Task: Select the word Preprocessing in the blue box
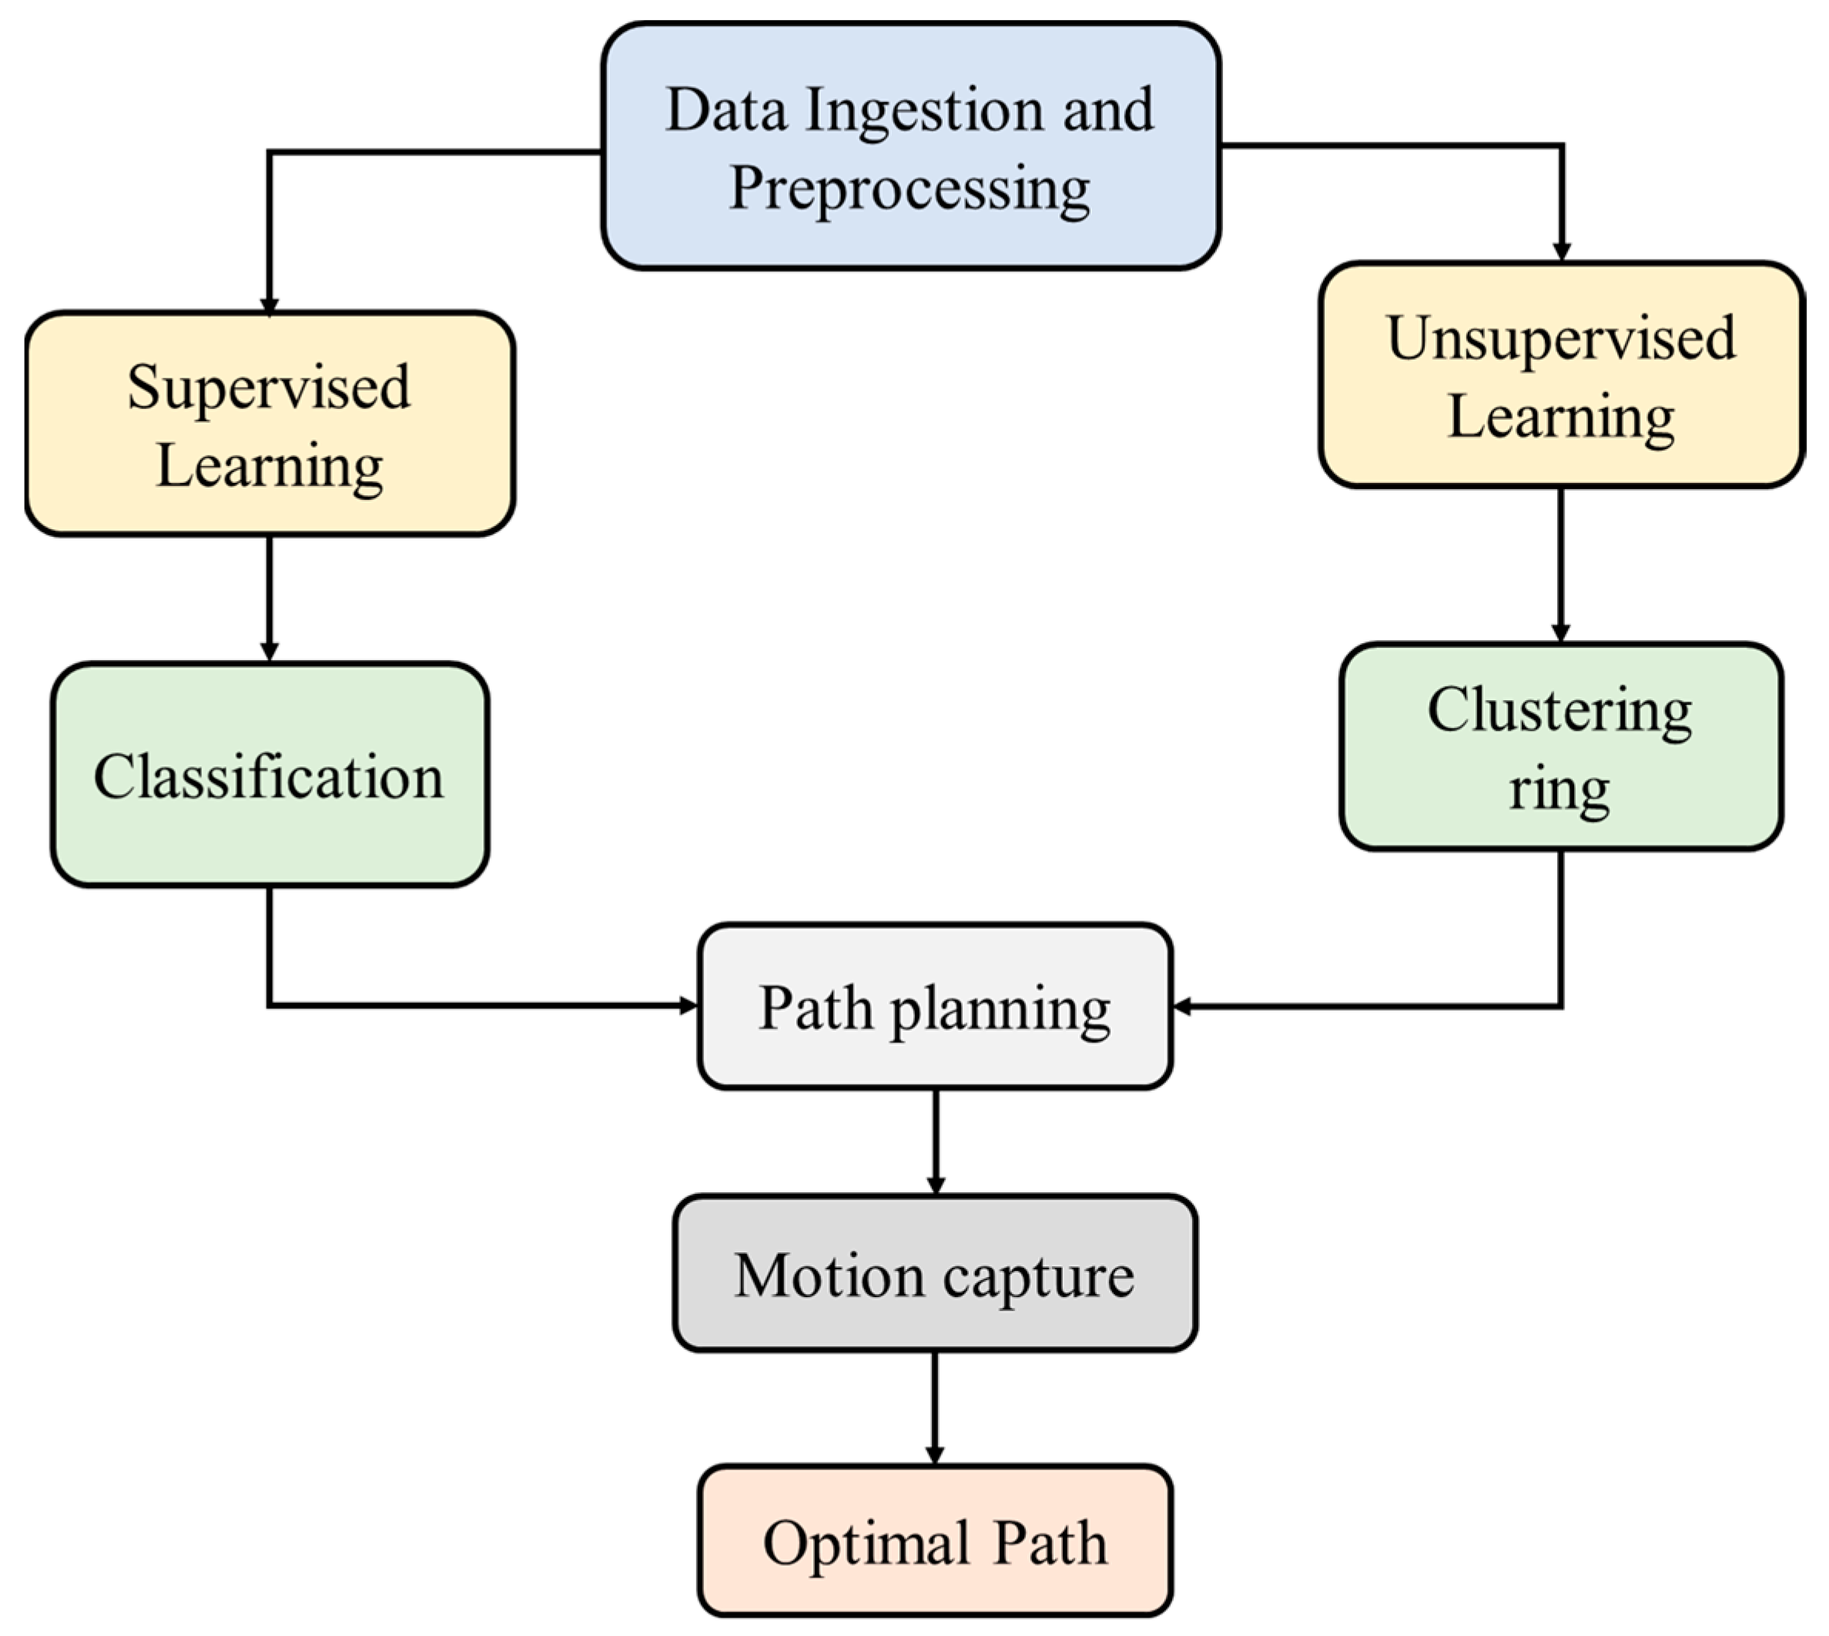tap(909, 189)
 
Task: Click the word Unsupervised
tap(1560, 340)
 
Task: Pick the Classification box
tap(269, 775)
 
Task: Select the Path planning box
tap(935, 1007)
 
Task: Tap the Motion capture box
tap(935, 1275)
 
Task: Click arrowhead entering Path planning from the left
tap(688, 1005)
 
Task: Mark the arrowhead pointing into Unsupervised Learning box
tap(1561, 251)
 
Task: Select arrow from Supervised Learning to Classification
tap(269, 598)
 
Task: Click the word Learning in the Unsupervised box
tap(1560, 418)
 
